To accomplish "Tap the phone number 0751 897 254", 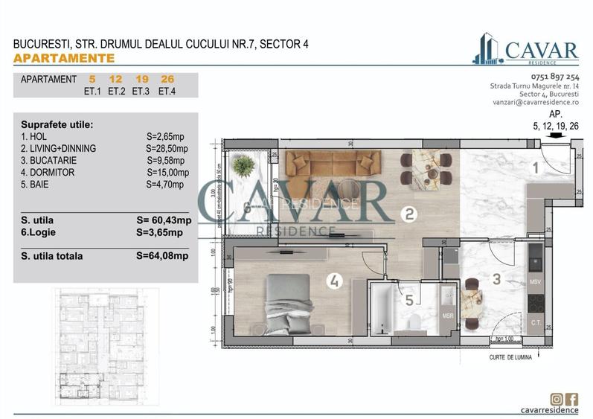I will point(555,77).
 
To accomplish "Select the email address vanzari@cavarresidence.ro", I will point(534,103).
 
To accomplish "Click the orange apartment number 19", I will point(141,79).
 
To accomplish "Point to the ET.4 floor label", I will point(166,92).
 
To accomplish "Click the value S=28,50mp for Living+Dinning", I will point(167,148).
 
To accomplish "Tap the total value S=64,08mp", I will point(163,256).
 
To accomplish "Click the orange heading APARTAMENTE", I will point(64,57).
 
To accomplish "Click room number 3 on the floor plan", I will point(498,281).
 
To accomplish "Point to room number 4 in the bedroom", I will point(335,281).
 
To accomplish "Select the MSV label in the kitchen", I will point(535,283).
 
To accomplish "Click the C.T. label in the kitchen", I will point(535,322).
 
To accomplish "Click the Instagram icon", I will point(557,400).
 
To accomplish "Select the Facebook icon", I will point(571,400).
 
